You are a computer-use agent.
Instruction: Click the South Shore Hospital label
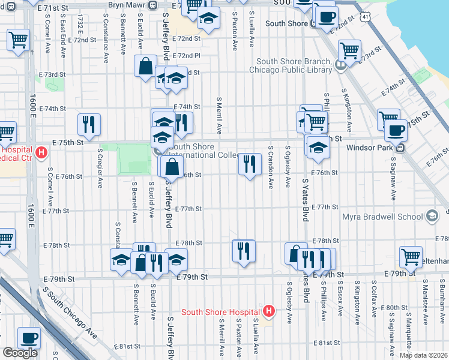[221, 311]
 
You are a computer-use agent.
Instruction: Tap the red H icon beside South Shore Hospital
[269, 311]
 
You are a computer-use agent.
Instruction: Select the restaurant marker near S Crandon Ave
[250, 163]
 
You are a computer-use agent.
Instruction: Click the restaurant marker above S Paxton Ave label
[244, 250]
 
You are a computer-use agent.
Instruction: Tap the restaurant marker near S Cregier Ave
[89, 124]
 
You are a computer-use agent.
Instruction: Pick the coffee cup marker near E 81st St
[29, 338]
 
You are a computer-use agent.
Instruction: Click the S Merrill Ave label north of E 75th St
[220, 115]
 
